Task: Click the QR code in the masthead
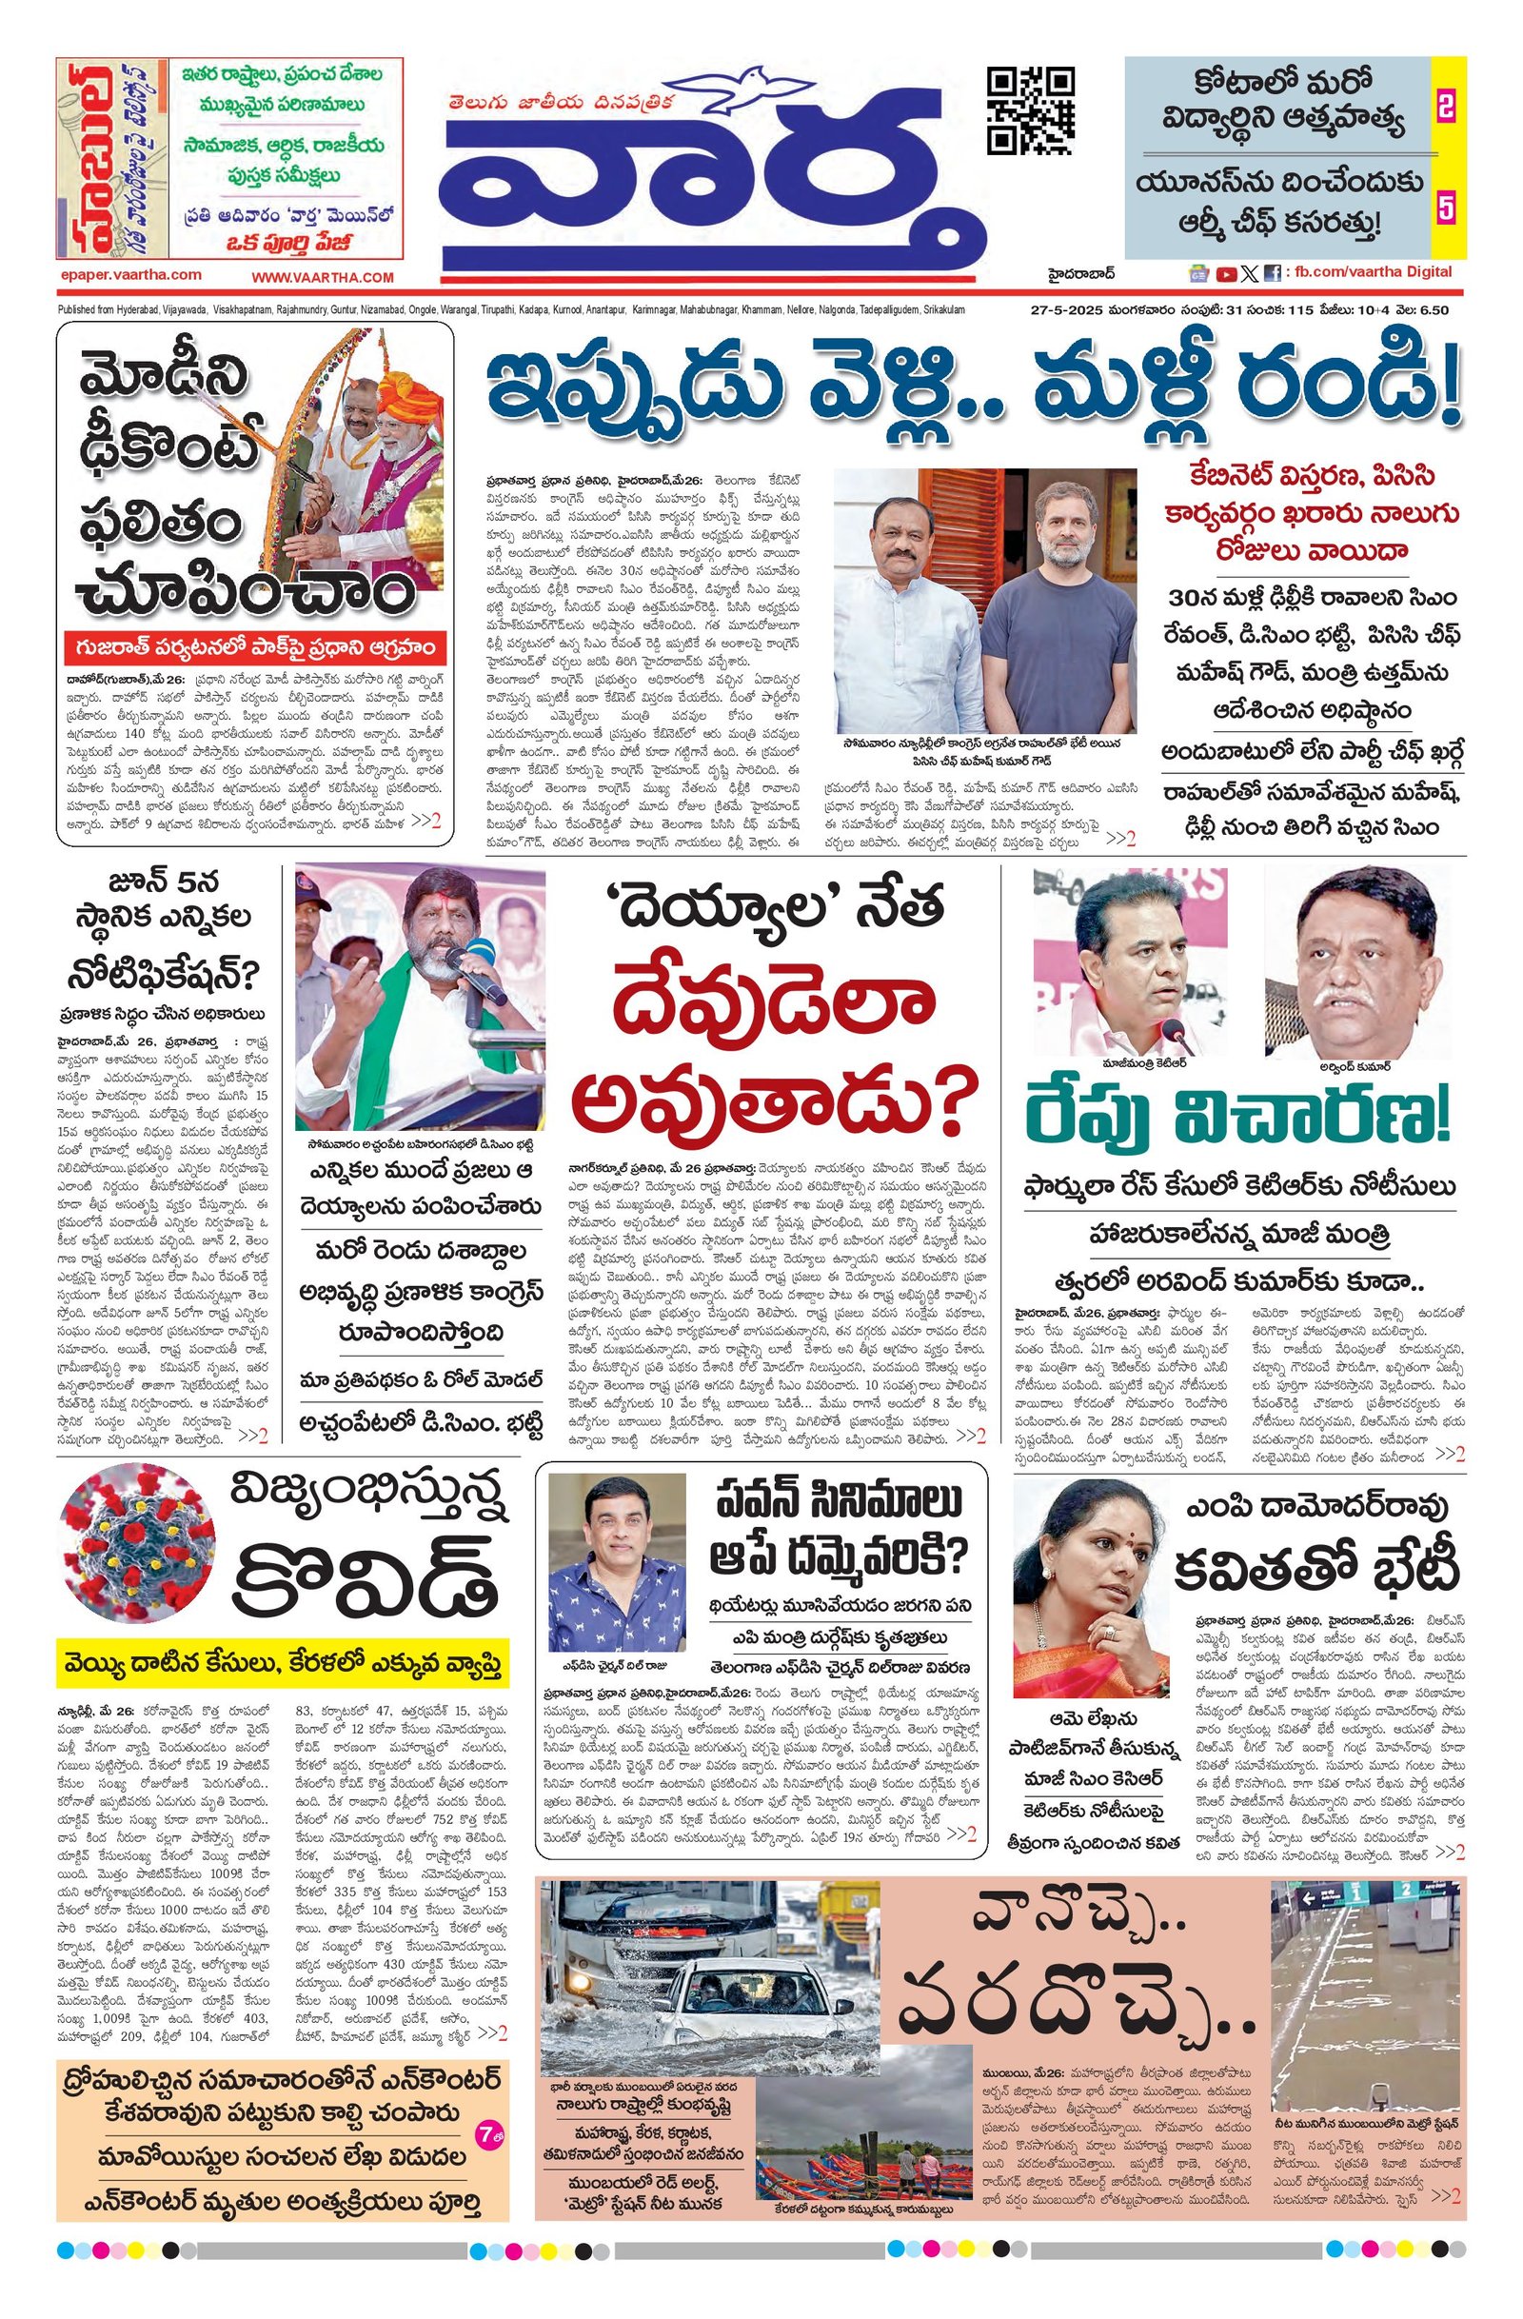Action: coord(1031,112)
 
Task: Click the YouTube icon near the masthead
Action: coord(1226,274)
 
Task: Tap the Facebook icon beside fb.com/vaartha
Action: coord(1272,274)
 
